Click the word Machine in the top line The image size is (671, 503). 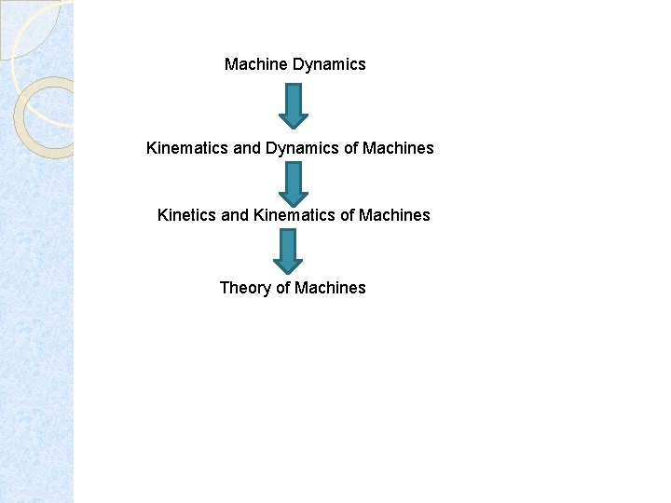pos(256,64)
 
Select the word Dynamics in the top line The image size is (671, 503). pos(329,64)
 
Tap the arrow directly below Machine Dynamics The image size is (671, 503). pos(293,105)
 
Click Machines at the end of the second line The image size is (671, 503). pos(398,148)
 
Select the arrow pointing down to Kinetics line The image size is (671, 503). pos(293,184)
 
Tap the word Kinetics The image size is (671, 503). pos(187,215)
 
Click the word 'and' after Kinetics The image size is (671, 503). pos(235,215)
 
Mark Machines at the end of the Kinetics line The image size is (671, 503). pos(394,215)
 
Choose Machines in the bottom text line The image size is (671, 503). pos(330,288)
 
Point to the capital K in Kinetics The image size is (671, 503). pos(163,215)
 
